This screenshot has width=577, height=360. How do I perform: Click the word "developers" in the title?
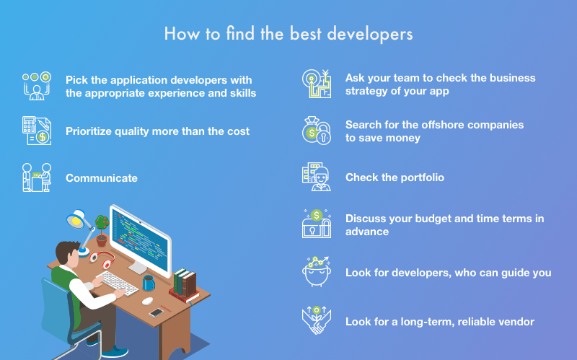point(370,34)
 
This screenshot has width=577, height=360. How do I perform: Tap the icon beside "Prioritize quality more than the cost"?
point(37,131)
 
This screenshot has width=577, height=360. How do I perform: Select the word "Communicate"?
point(102,178)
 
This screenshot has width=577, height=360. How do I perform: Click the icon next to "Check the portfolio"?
point(317,177)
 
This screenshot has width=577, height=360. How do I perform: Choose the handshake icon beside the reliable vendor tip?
point(317,320)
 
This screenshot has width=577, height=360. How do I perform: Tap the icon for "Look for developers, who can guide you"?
point(317,272)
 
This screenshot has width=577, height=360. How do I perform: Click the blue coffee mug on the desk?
point(149,283)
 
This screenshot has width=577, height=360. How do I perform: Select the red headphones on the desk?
point(102,259)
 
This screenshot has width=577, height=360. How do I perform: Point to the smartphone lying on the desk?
point(156,313)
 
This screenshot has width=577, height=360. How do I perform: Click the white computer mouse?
point(148,301)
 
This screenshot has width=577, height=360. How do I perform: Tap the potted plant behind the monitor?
point(102,231)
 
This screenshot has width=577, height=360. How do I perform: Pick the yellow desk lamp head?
point(76,219)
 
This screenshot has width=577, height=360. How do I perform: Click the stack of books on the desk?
point(185,286)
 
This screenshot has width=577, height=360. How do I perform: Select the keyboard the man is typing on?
point(118,283)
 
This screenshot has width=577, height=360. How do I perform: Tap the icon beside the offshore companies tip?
point(317,131)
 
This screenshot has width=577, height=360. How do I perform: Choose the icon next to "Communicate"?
point(37,177)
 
